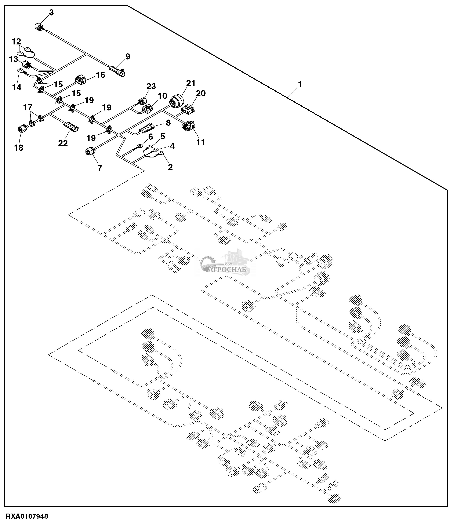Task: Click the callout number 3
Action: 51,13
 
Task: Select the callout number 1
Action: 300,84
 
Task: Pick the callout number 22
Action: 63,143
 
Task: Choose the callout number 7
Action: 100,168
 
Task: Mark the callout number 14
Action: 17,87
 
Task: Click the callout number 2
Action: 170,167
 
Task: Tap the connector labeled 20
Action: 188,109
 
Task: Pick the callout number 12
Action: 16,41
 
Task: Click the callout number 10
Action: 162,96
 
